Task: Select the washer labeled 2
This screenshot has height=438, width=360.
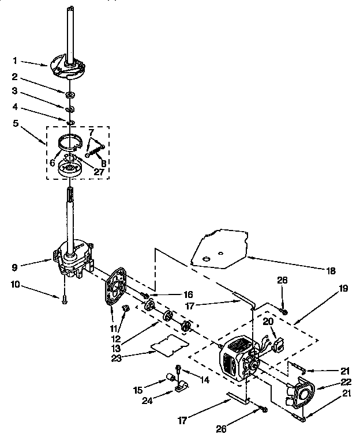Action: (x=69, y=93)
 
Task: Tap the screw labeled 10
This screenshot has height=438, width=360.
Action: (x=64, y=299)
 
